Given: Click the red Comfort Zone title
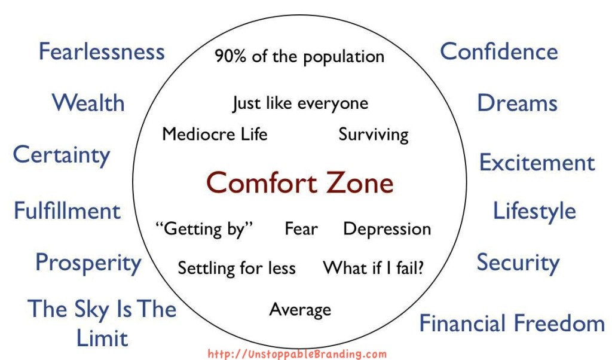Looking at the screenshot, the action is pos(299,183).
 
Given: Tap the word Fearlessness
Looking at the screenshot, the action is pos(102,51).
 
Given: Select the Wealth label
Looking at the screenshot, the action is pos(88,103).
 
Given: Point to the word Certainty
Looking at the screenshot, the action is pos(62,155).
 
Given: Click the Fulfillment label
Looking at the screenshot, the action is pos(67,211).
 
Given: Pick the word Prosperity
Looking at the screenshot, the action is pos(88,263).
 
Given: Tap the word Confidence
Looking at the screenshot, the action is pos(499,51).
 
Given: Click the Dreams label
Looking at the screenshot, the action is pos(517,103).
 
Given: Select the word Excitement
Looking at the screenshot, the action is pos(537,163).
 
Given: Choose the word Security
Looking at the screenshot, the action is pos(518,263).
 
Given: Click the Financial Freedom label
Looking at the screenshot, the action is pos(512,324).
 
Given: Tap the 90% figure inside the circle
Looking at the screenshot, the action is pos(230,56).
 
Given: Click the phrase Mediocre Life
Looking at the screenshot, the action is pos(215,135).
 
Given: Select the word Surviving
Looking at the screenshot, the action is pos(374,135).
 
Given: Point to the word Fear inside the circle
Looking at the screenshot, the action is pos(301,229).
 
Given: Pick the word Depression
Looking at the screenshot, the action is pos(387,230).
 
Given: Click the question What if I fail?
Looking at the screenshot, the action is pos(373,268).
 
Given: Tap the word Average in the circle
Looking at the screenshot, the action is pos(300,310).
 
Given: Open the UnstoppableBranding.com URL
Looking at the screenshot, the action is pos(297,354).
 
